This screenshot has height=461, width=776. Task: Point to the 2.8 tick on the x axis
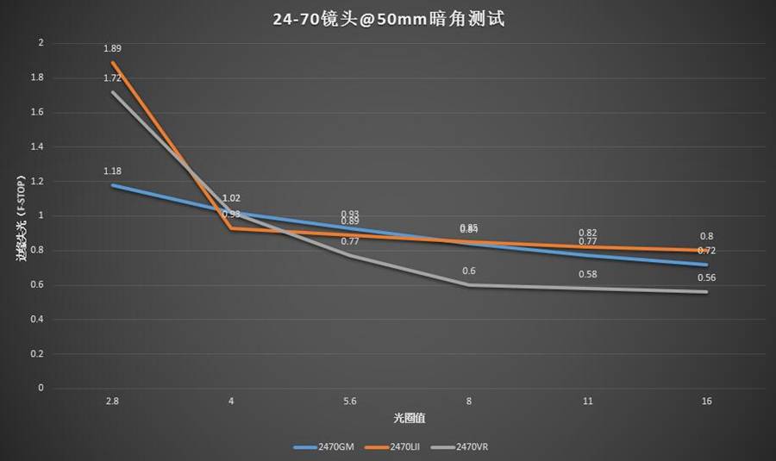[112, 402]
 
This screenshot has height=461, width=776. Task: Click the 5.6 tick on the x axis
[350, 402]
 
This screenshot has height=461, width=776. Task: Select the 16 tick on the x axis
[706, 402]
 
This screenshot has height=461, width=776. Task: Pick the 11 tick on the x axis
[587, 402]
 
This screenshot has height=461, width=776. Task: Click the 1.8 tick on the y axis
[36, 78]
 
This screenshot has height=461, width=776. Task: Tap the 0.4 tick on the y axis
[36, 319]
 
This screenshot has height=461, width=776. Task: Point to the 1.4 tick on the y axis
[36, 146]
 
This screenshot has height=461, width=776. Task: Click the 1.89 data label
[112, 48]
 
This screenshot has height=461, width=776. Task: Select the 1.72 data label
[112, 78]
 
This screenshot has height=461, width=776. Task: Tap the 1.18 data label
[112, 171]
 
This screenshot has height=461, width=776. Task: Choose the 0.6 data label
[469, 271]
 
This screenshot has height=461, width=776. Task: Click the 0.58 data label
[587, 274]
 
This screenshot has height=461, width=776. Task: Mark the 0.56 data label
[706, 277]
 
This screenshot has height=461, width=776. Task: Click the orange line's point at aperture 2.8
[113, 62]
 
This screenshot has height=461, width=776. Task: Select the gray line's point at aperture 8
[469, 284]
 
